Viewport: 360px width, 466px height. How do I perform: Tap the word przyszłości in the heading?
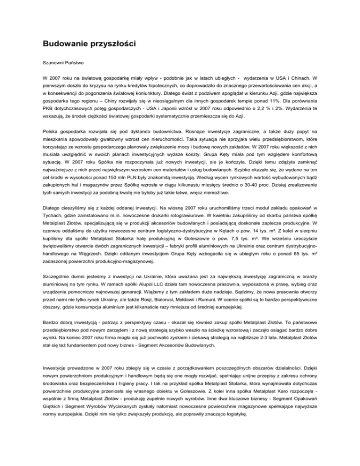[110, 45]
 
